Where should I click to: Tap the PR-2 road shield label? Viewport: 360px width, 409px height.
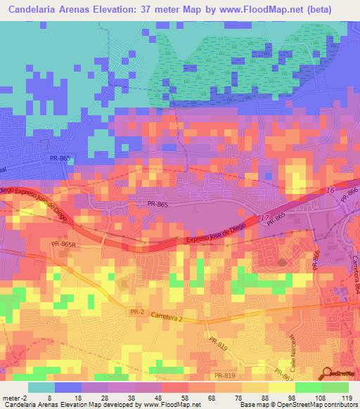pyautogui.click(x=137, y=311)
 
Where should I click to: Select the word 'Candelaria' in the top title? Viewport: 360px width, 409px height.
pyautogui.click(x=35, y=8)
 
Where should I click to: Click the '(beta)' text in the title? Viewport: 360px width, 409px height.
pyautogui.click(x=330, y=8)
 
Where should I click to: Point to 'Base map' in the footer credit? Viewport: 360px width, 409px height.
pyautogui.click(x=252, y=405)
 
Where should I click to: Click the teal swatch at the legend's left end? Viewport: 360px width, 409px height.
pyautogui.click(x=41, y=387)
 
